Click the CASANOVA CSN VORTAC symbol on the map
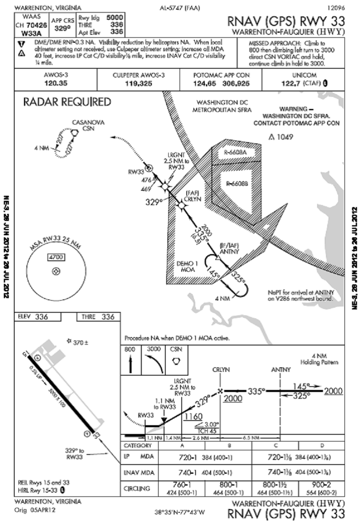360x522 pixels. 75,133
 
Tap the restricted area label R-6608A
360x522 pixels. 235,153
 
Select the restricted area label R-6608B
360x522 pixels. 238,183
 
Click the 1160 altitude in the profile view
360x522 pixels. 193,416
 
